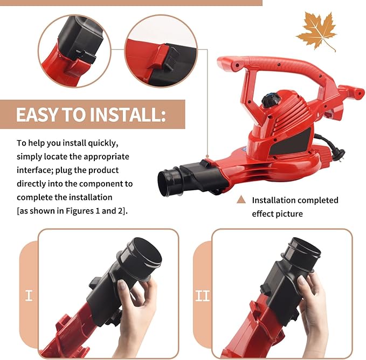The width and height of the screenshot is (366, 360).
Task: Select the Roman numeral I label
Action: point(29,295)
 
